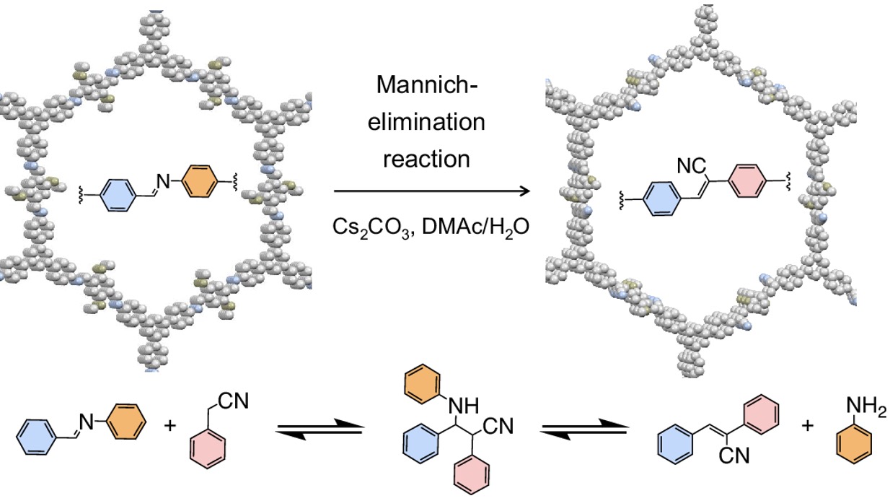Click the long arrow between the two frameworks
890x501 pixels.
(x=431, y=191)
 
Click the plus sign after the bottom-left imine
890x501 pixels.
(x=170, y=425)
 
